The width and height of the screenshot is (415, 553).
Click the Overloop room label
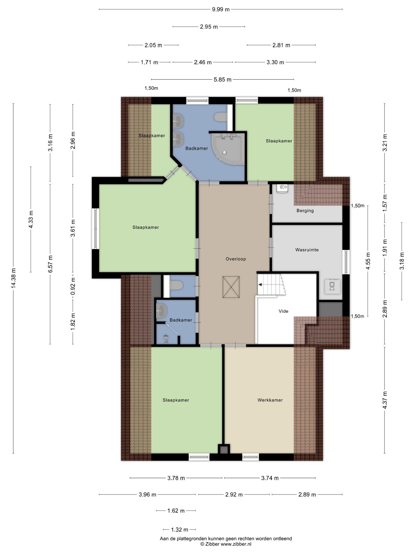pyautogui.click(x=236, y=259)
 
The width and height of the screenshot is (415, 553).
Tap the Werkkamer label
pyautogui.click(x=270, y=400)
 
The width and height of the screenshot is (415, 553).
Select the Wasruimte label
pyautogui.click(x=307, y=250)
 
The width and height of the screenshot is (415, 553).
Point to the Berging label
pyautogui.click(x=305, y=211)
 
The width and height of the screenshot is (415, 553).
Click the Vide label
pyautogui.click(x=283, y=311)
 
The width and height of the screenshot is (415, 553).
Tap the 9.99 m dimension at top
pyautogui.click(x=221, y=9)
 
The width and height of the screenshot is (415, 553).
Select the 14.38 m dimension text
pyautogui.click(x=13, y=278)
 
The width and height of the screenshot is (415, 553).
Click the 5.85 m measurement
pyautogui.click(x=222, y=79)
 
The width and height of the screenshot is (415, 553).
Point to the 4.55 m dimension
pyautogui.click(x=368, y=261)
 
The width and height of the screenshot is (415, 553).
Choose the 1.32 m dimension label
pyautogui.click(x=180, y=529)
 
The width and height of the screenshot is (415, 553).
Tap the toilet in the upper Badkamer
pyautogui.click(x=220, y=117)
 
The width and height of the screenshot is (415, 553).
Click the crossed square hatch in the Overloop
pyautogui.click(x=231, y=287)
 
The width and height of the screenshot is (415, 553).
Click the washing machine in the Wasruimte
pyautogui.click(x=332, y=286)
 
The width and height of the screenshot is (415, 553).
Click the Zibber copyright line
pyautogui.click(x=226, y=544)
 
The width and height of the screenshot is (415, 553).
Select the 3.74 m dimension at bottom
pyautogui.click(x=270, y=478)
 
